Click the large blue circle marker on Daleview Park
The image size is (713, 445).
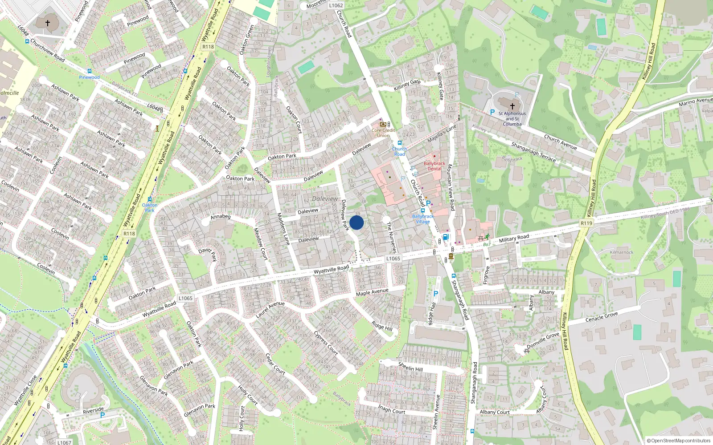point(356,222)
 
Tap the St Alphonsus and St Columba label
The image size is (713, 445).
point(512,119)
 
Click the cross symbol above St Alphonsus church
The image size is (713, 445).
point(512,106)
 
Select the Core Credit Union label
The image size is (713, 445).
point(383,133)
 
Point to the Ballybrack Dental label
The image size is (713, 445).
point(434,166)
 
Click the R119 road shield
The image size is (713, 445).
point(586,223)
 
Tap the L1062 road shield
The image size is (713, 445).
point(336,6)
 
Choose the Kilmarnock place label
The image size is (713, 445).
point(622,252)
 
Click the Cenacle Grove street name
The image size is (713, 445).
point(602,317)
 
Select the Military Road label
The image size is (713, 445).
point(514,239)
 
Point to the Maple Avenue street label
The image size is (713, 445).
point(372,292)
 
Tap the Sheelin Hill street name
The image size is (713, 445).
point(410,367)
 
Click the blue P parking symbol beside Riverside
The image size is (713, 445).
point(102,415)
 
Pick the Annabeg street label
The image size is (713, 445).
point(221,217)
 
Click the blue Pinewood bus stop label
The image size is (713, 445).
point(89,77)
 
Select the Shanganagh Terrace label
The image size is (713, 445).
point(533,152)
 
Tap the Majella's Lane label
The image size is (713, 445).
point(442,133)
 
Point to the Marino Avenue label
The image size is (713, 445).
point(696,101)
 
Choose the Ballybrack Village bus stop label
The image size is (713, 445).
point(423,219)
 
